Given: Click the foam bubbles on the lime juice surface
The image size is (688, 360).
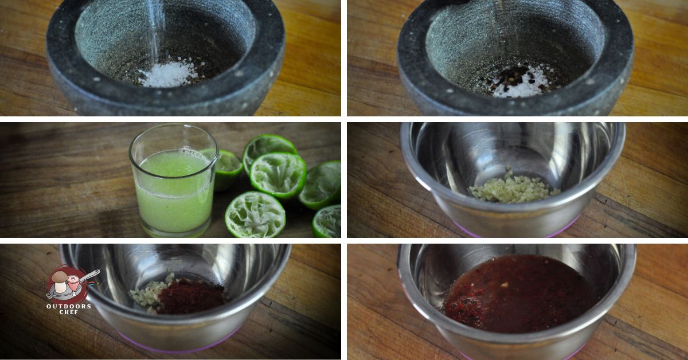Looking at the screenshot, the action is click(x=191, y=152).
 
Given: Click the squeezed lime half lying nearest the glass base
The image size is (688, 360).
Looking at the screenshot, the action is click(x=255, y=214).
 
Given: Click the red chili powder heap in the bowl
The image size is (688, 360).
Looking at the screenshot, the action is click(x=192, y=296).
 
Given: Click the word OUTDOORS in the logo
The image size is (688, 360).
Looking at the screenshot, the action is click(x=68, y=306).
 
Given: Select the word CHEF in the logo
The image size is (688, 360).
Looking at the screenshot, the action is click(x=69, y=312).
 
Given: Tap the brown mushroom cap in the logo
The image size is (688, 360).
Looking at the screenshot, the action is click(x=60, y=276).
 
